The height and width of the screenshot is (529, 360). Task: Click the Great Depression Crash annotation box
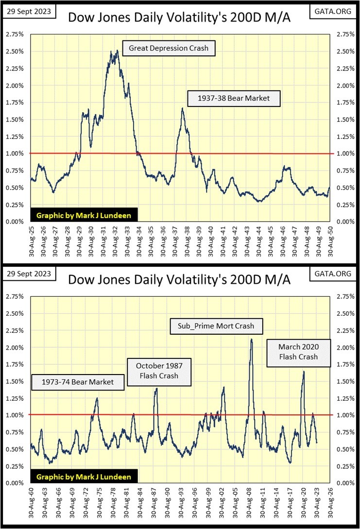168,49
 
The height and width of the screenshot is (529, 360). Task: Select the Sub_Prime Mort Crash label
216,325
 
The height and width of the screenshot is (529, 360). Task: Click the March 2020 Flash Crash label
298,352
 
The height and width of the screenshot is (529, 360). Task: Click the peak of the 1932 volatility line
117,51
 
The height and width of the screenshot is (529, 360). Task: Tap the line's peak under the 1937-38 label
183,108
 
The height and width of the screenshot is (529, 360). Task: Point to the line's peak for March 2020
304,372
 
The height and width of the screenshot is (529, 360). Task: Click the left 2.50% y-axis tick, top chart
14,51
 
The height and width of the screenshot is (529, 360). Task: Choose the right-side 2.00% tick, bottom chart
345,347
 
